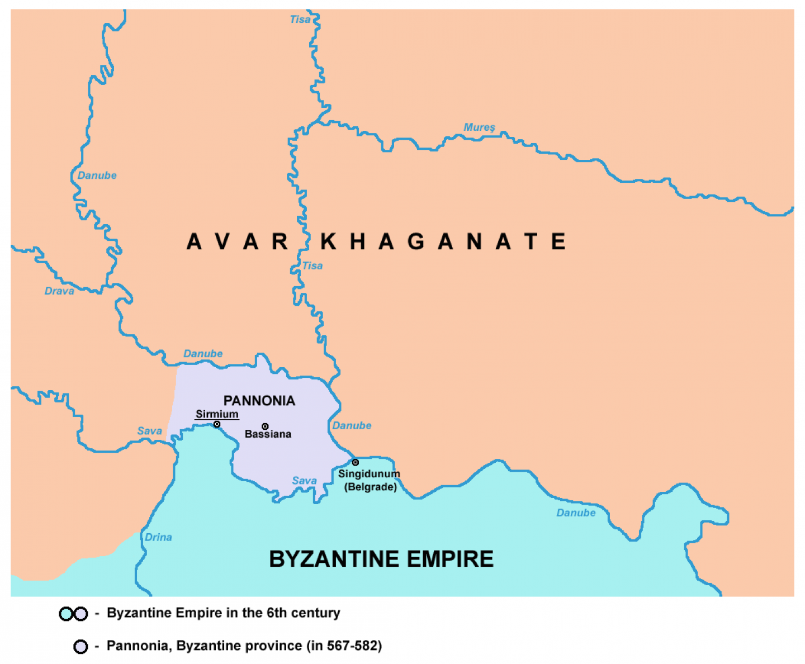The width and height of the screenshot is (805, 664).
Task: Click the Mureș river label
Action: (x=479, y=127)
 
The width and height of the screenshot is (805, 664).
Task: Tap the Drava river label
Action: (x=59, y=291)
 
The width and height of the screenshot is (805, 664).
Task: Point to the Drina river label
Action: (x=158, y=537)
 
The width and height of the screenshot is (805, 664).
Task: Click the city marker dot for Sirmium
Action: (x=217, y=425)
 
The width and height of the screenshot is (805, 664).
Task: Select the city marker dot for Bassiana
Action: (x=265, y=426)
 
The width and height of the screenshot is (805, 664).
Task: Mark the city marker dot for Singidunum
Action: (x=355, y=462)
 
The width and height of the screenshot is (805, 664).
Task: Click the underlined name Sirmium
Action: (x=217, y=414)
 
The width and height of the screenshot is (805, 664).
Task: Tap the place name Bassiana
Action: (x=268, y=434)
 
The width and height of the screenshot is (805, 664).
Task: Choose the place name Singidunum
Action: (x=369, y=474)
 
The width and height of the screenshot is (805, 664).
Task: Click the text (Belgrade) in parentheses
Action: (x=370, y=487)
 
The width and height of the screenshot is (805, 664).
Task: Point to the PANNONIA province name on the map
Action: (x=259, y=401)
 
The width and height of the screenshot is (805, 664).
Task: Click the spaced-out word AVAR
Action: (x=237, y=242)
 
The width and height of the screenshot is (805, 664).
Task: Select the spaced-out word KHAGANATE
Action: (x=443, y=242)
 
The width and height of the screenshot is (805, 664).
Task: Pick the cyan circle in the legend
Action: (x=67, y=614)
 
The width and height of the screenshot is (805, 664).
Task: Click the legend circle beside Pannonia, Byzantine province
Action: (x=80, y=647)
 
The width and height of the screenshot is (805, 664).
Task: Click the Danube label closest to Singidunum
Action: (x=352, y=426)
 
